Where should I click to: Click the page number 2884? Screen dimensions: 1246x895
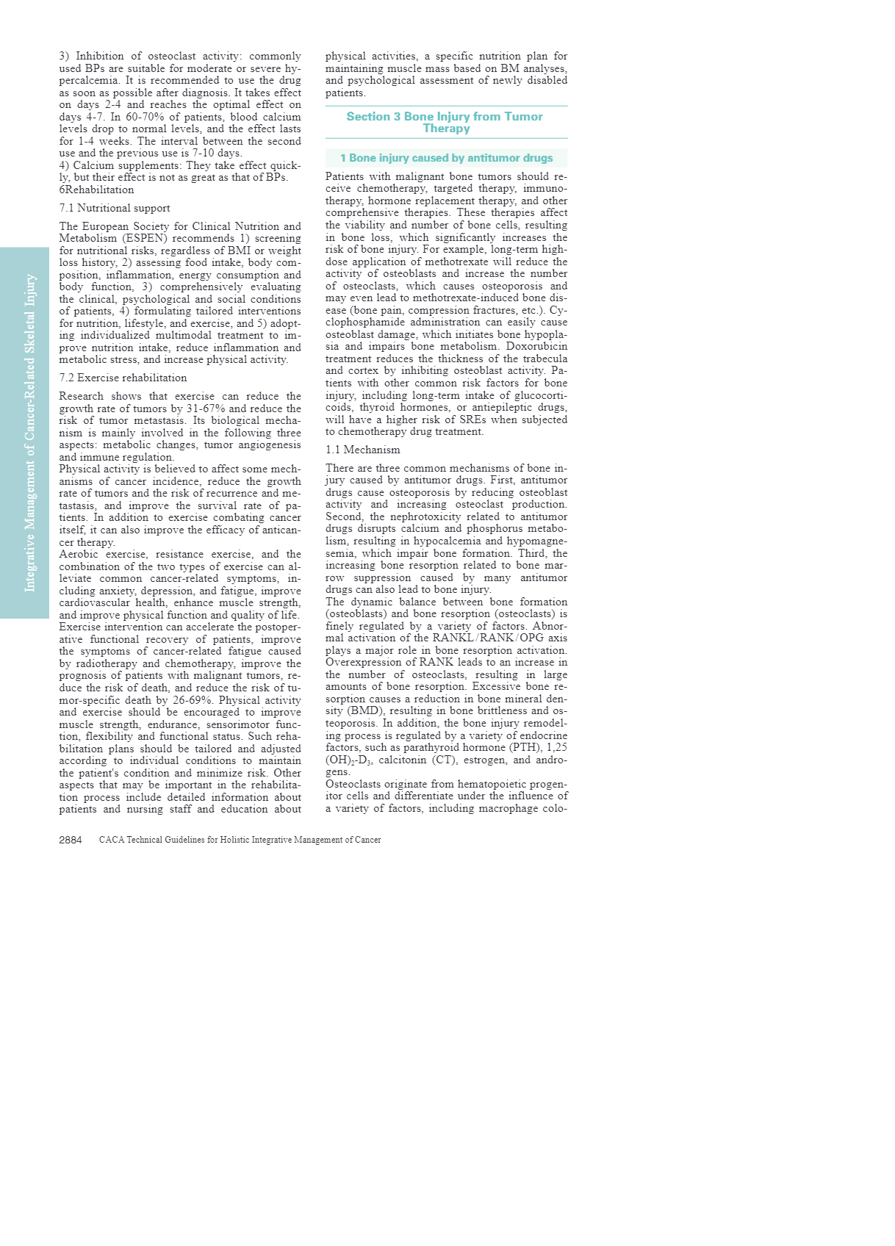click(71, 840)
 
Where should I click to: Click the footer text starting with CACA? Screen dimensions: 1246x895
click(240, 840)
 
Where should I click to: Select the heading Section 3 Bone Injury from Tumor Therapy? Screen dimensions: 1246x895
click(445, 122)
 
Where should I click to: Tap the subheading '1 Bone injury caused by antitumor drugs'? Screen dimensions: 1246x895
click(446, 158)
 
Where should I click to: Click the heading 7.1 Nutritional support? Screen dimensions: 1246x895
click(115, 208)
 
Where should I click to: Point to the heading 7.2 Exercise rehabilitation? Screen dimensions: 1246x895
click(123, 378)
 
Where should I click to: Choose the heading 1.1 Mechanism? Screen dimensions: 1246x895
click(363, 450)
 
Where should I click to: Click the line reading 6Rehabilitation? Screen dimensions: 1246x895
click(96, 190)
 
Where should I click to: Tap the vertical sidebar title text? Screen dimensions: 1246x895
click(30, 433)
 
